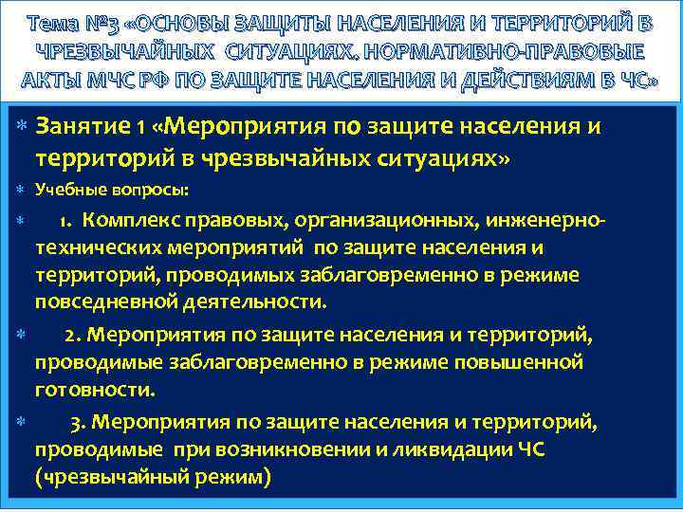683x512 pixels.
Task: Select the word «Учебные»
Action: click(70, 190)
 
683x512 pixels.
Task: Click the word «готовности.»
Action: click(96, 389)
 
